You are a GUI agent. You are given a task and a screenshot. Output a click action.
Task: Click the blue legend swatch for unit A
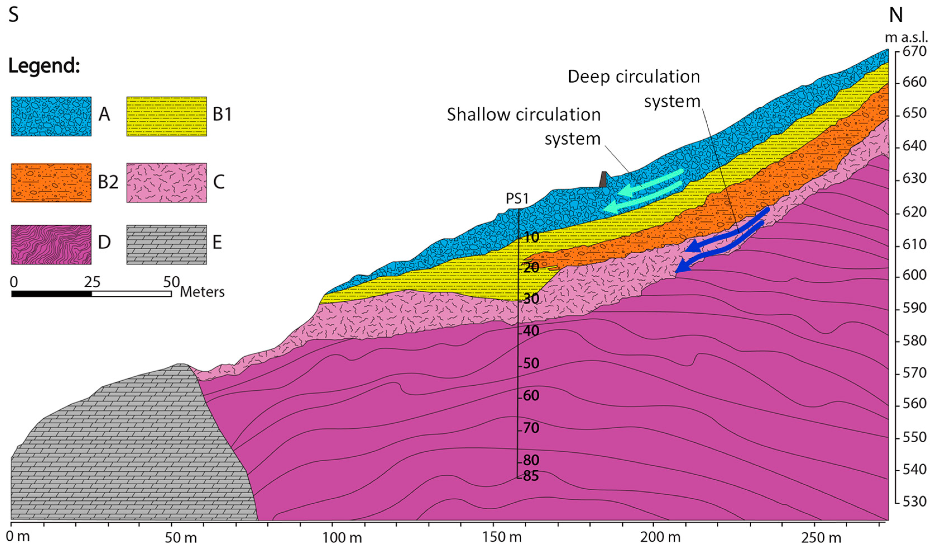click(51, 116)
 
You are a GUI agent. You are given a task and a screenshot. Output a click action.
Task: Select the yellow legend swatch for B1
click(167, 116)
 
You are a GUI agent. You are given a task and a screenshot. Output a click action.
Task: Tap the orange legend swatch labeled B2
click(51, 183)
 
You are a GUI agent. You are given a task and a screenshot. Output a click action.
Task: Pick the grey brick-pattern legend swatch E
click(167, 245)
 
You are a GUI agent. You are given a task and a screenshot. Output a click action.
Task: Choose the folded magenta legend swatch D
click(51, 245)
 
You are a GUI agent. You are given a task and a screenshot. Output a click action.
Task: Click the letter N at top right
click(896, 16)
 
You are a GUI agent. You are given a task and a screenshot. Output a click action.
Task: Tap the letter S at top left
click(13, 16)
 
